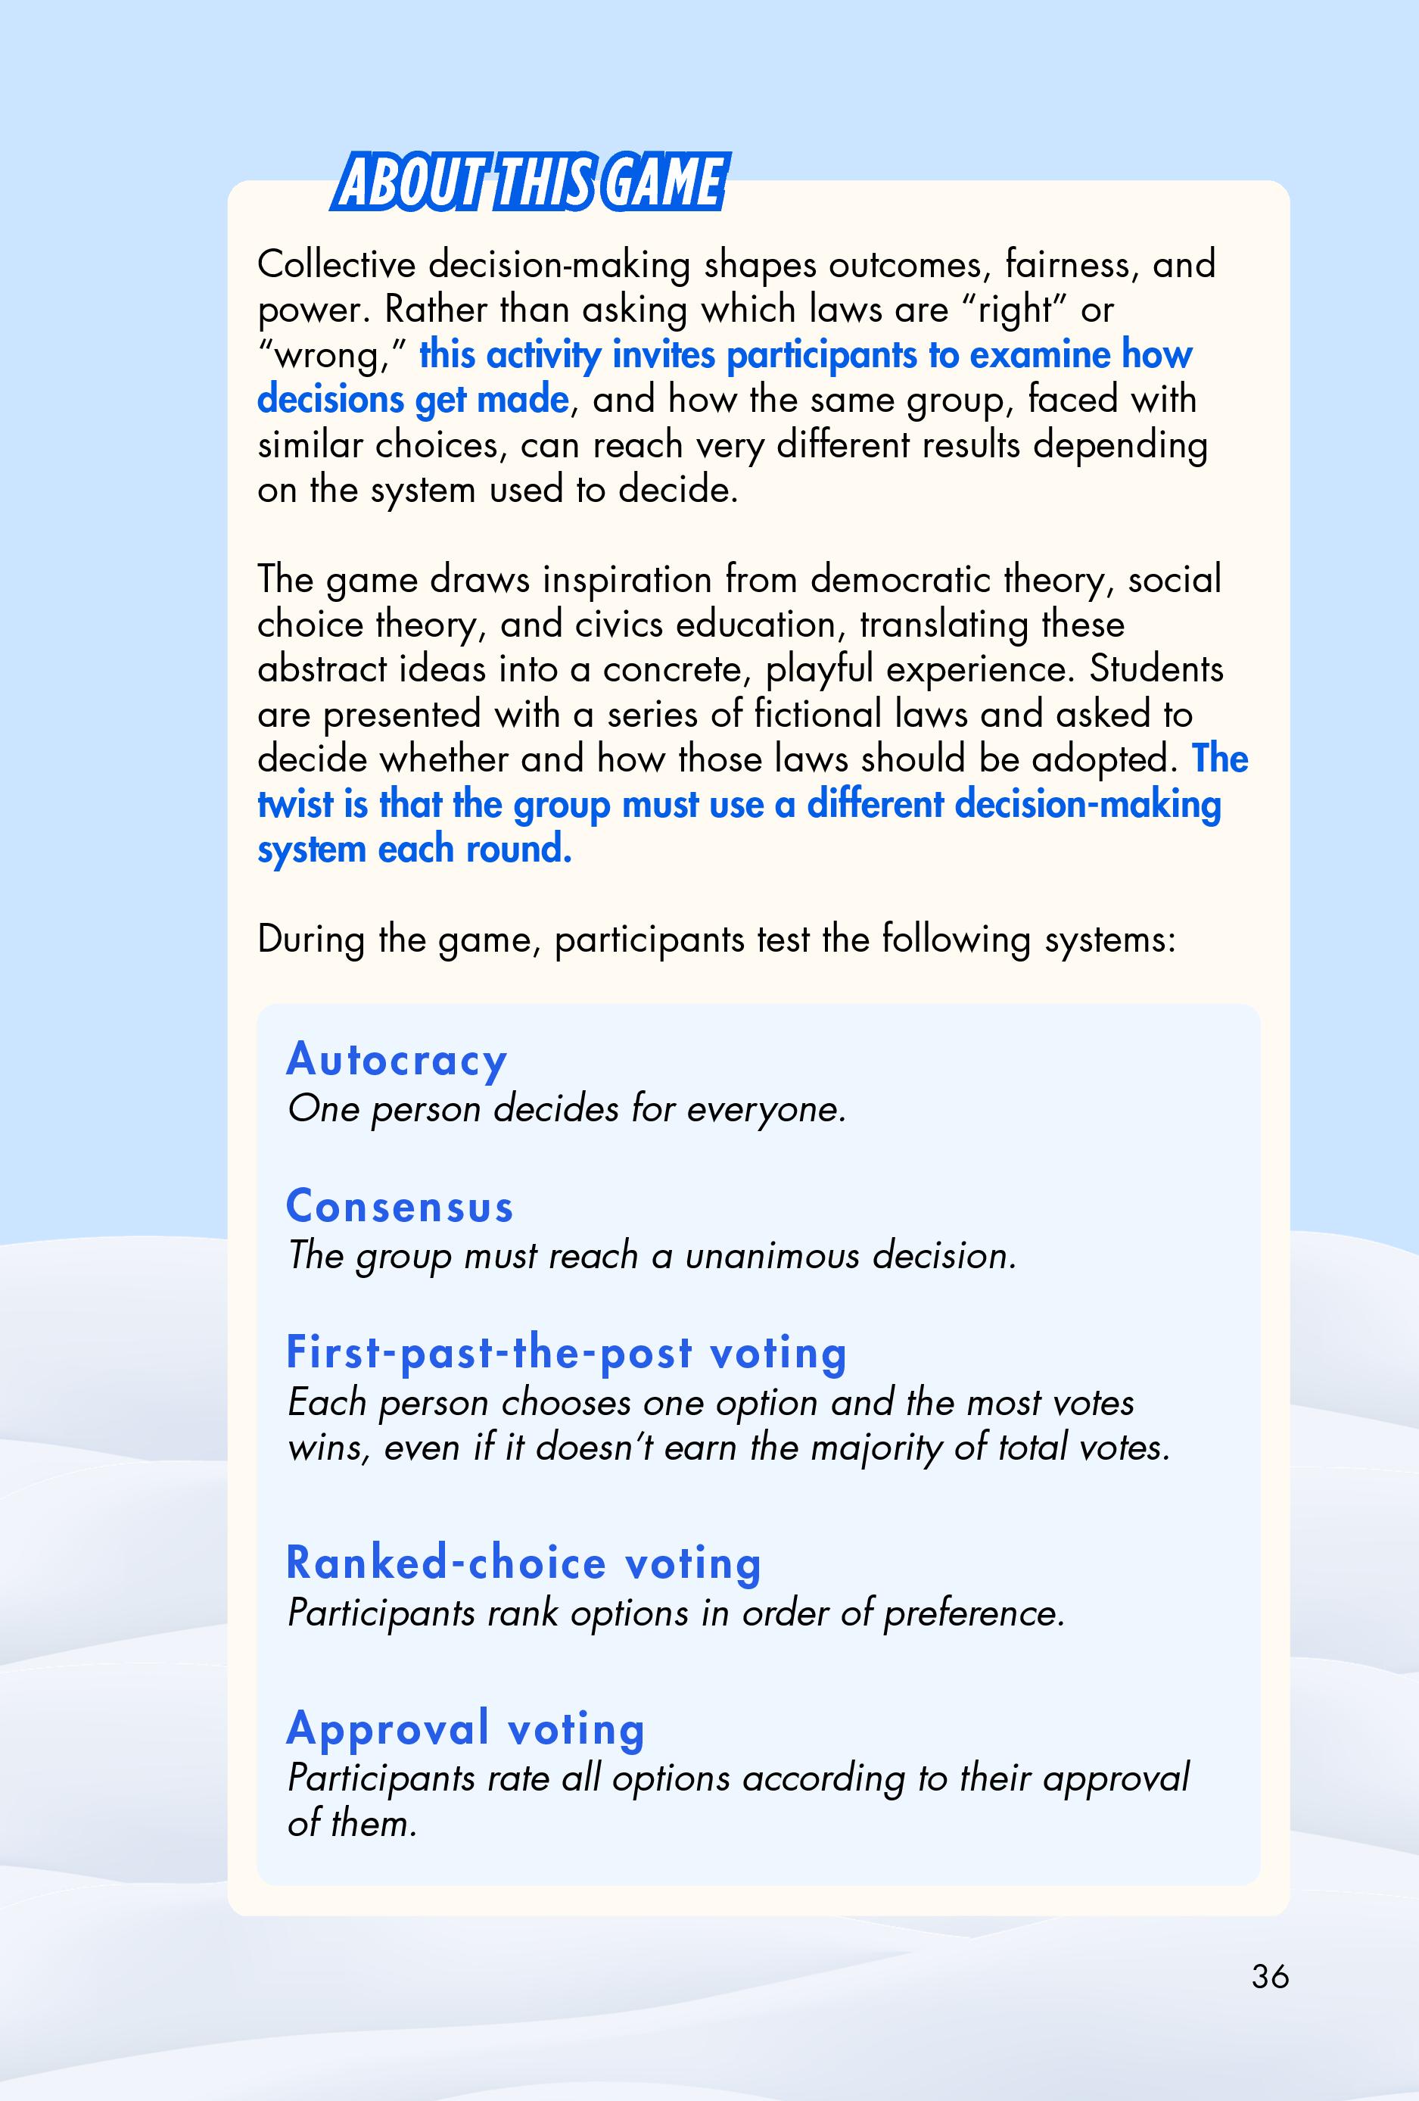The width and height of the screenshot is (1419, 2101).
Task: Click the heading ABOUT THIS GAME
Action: pyautogui.click(x=529, y=183)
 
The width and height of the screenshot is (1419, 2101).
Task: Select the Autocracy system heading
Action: pyautogui.click(x=397, y=1059)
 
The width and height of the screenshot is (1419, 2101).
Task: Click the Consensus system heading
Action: pyautogui.click(x=400, y=1206)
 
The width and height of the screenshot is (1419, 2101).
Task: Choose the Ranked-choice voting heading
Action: pyautogui.click(x=524, y=1563)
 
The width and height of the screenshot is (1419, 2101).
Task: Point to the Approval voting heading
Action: pyautogui.click(x=465, y=1728)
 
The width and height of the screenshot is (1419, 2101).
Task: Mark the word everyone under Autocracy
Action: pyautogui.click(x=767, y=1109)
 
